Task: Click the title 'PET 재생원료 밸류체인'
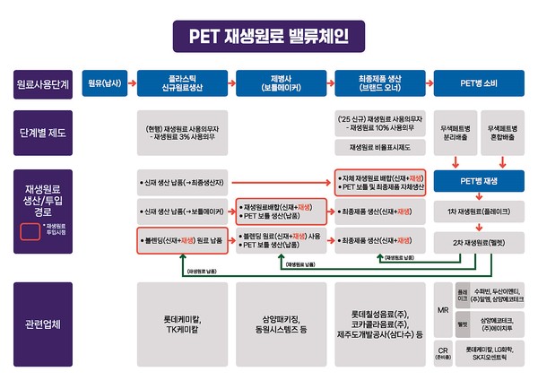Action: [x=268, y=35]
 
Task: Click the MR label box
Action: [x=443, y=309]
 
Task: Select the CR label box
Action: [x=443, y=350]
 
